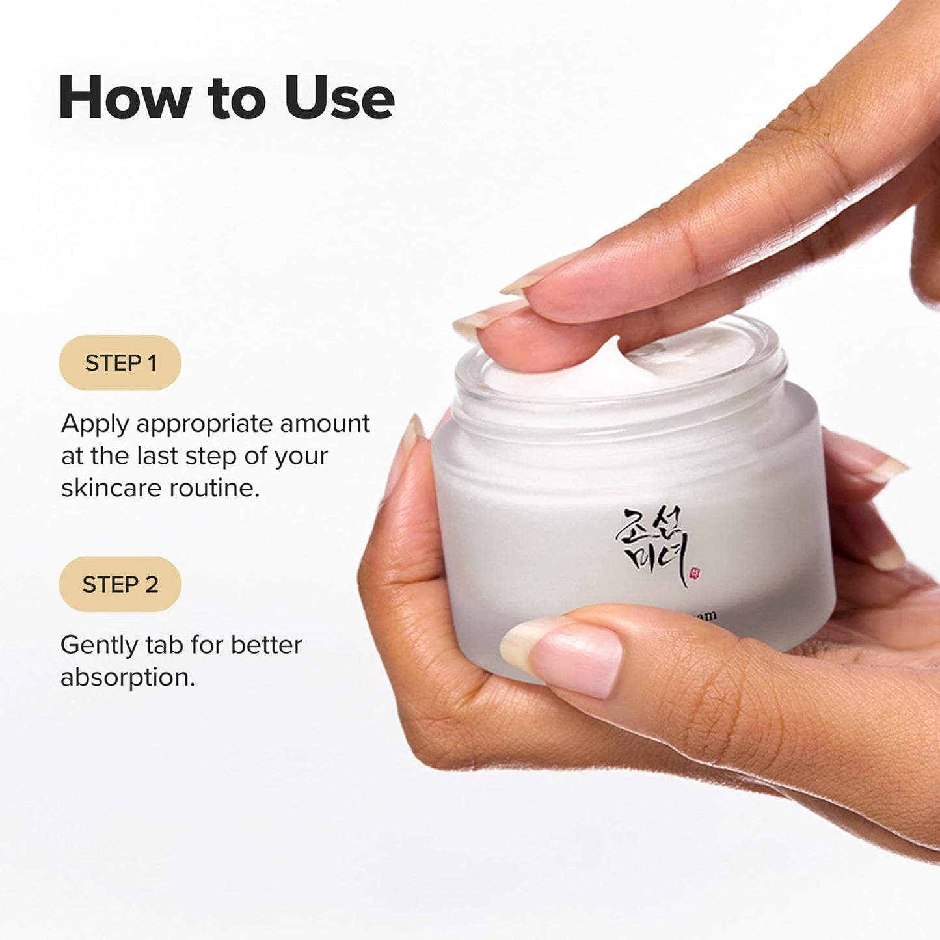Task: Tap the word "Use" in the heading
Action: click(339, 98)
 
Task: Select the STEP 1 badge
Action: click(120, 363)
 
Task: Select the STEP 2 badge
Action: click(120, 584)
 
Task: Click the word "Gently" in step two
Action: click(99, 646)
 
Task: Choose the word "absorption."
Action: click(128, 677)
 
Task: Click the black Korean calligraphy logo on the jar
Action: click(651, 543)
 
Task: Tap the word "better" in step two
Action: click(267, 645)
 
